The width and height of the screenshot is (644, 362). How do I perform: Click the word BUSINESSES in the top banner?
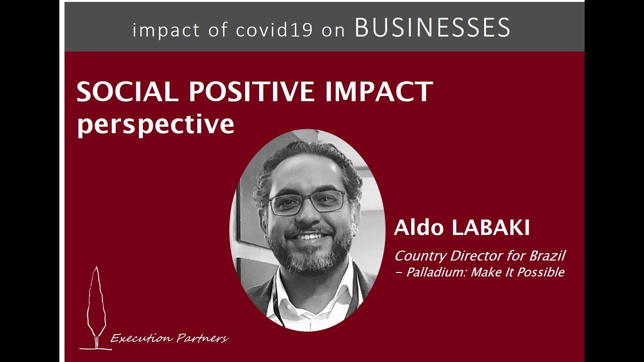pos(433,28)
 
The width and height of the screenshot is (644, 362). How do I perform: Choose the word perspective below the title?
pos(155,124)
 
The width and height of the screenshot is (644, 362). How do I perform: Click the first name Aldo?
pos(419,228)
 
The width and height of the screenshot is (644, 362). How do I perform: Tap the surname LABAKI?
pos(491,228)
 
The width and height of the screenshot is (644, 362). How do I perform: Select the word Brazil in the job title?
pos(547,256)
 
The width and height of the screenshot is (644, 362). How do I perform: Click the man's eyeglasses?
pos(308,202)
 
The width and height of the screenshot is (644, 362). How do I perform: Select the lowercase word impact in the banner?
pos(166,30)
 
